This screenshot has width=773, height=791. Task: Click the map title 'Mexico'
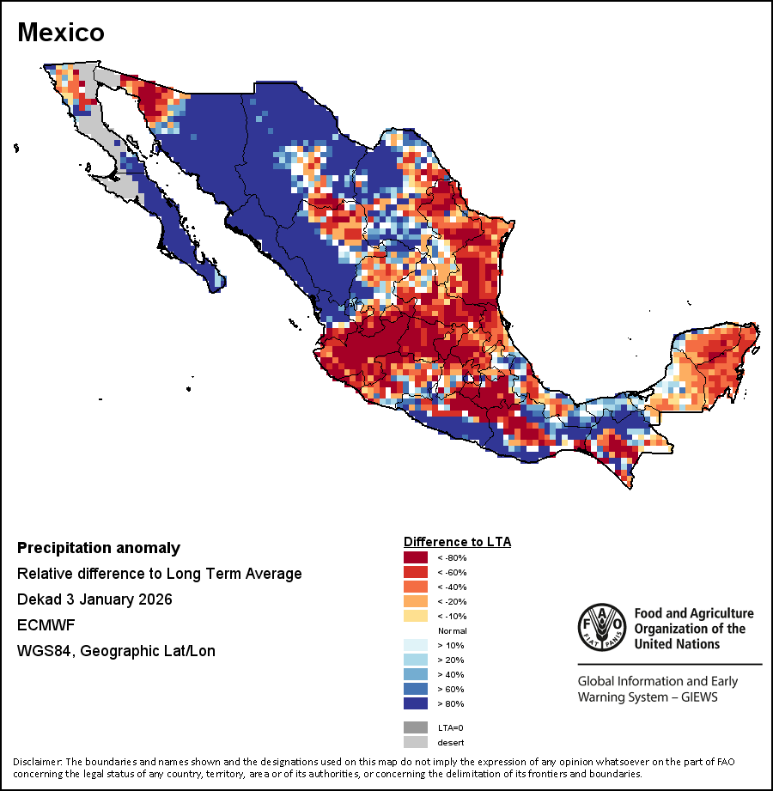tap(61, 32)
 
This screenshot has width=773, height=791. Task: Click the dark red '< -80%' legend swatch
tap(415, 557)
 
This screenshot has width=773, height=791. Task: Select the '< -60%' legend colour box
tap(415, 572)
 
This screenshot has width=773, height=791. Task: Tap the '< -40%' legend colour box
tap(415, 587)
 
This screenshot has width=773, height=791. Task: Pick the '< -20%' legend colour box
tap(415, 601)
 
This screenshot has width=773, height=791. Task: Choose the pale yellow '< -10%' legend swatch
tap(415, 616)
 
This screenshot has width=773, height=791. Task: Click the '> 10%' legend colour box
tap(415, 645)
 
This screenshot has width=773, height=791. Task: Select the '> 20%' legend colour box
tap(415, 660)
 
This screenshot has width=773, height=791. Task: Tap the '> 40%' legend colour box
tap(415, 674)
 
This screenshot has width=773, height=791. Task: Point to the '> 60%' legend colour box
tap(415, 689)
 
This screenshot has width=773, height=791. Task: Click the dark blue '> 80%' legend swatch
tap(415, 703)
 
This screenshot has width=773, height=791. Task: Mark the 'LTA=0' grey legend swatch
tap(415, 727)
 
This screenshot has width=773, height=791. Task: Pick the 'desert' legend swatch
tap(415, 742)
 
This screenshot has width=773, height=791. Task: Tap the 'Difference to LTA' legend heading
tap(457, 542)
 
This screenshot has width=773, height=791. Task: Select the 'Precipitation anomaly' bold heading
tap(99, 548)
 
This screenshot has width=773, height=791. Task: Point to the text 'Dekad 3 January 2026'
tap(94, 599)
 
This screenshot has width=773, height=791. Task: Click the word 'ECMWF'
tap(42, 625)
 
